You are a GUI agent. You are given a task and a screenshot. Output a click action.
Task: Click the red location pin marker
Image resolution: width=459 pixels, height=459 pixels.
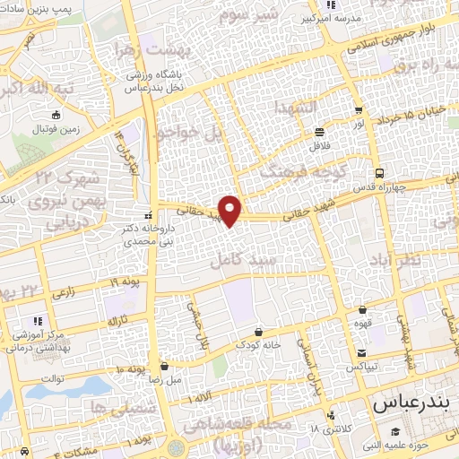(x=231, y=211)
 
